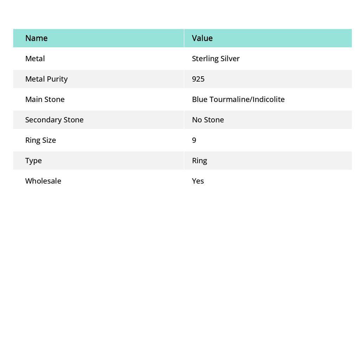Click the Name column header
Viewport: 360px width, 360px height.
36,38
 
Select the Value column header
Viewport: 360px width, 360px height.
202,38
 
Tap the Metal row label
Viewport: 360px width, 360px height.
35,58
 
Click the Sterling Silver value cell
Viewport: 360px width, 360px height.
216,58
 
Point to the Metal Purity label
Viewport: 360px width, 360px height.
46,79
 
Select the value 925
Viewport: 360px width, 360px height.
198,79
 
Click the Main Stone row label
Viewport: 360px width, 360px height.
45,99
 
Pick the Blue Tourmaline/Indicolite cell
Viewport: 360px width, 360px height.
238,99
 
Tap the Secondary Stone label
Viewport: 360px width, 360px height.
54,120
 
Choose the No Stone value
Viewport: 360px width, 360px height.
208,120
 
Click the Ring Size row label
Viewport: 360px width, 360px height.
40,140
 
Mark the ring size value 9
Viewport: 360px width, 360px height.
194,140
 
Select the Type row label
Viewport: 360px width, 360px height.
33,160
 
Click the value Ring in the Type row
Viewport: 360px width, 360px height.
199,160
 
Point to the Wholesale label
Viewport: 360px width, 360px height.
43,181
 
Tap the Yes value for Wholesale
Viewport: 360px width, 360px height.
198,181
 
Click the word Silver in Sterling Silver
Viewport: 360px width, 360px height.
230,58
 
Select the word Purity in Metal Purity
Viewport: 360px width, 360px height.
57,79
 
